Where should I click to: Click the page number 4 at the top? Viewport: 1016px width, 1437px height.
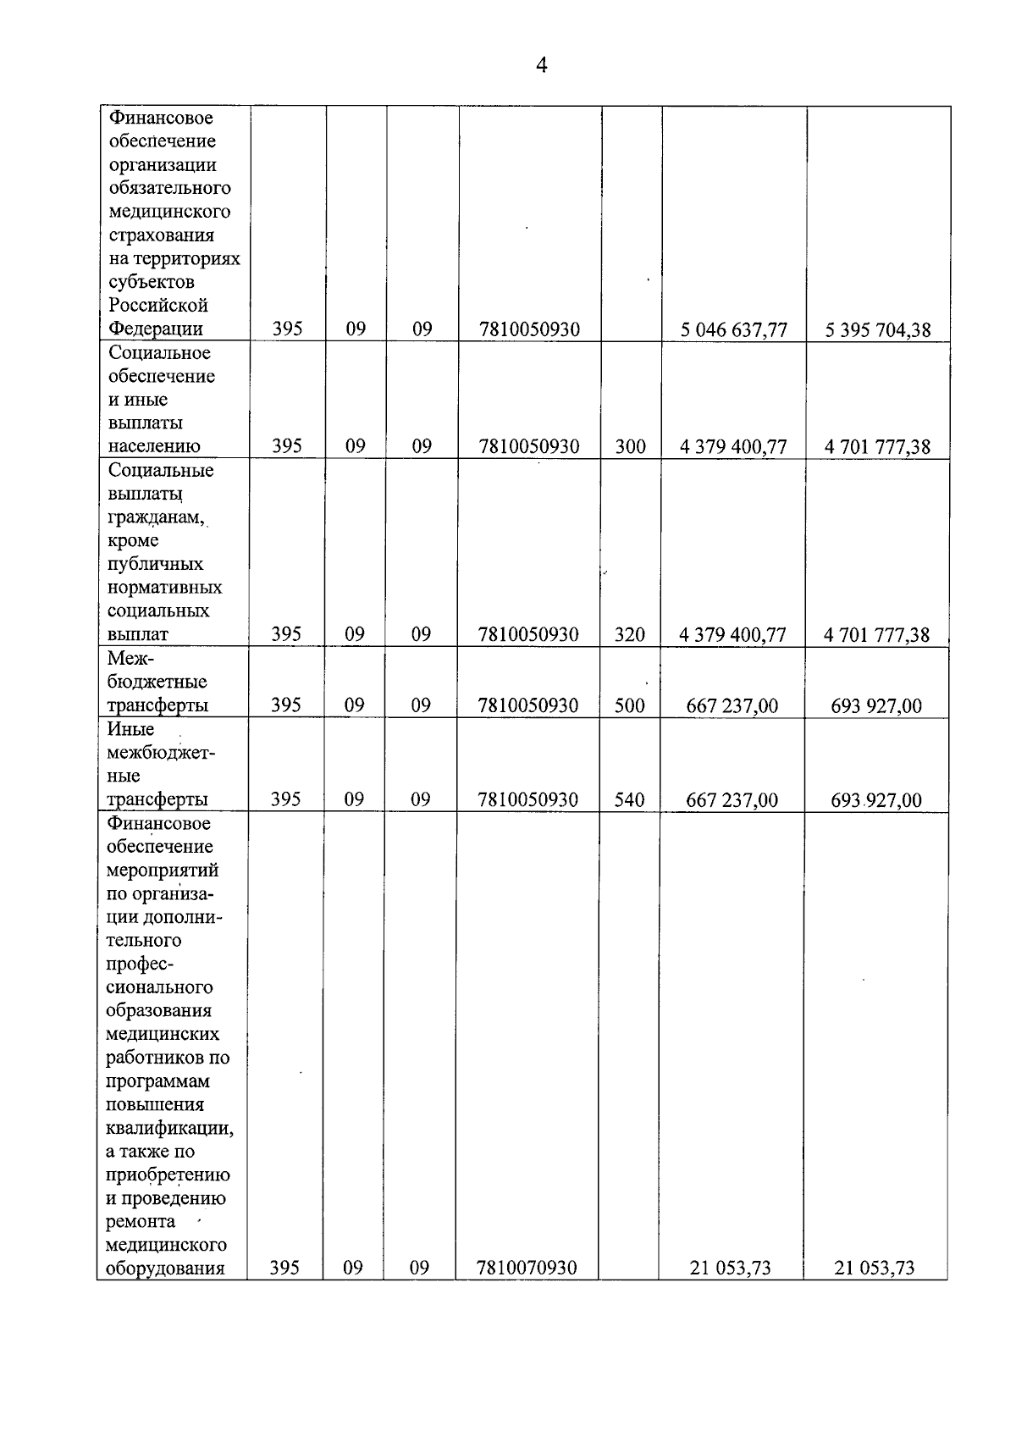tap(541, 65)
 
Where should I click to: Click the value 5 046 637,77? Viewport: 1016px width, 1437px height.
tap(733, 329)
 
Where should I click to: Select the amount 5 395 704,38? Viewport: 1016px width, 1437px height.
tap(878, 329)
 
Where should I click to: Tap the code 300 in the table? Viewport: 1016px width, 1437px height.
tap(630, 446)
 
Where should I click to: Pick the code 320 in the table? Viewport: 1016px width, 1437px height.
tap(629, 634)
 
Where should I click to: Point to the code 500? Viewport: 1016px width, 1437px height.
tap(629, 705)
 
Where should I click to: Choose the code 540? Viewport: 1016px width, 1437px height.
tap(629, 799)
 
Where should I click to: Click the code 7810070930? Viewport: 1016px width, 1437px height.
tap(527, 1268)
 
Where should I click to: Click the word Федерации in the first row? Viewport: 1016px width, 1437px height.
tap(156, 329)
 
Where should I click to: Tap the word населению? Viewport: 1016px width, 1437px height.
tap(154, 446)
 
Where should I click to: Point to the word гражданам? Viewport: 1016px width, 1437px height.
tap(156, 517)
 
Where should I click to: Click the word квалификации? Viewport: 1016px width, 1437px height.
tap(169, 1128)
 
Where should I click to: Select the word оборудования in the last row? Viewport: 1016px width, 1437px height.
tap(165, 1268)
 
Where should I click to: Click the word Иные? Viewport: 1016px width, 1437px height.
tap(130, 729)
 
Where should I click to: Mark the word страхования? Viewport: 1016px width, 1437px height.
tap(162, 235)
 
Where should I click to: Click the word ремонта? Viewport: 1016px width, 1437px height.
tap(141, 1221)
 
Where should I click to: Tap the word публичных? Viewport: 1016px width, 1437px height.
tap(156, 564)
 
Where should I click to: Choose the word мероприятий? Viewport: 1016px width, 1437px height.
tap(162, 870)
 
